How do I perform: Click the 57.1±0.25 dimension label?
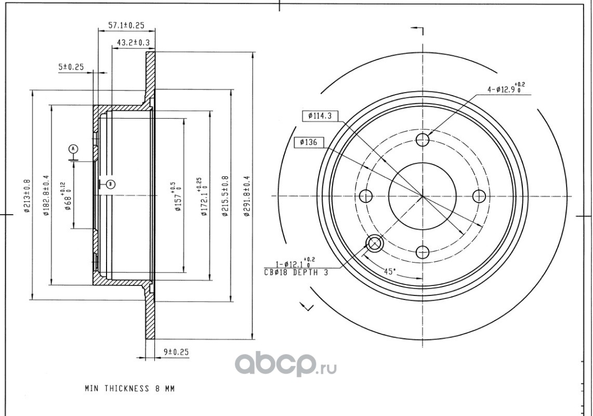pyautogui.click(x=127, y=25)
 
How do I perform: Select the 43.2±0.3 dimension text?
pyautogui.click(x=133, y=43)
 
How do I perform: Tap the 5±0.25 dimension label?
pyautogui.click(x=71, y=67)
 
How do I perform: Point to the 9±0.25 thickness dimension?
pyautogui.click(x=176, y=352)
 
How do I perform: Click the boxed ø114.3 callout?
pyautogui.click(x=320, y=116)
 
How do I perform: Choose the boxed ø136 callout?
pyautogui.click(x=308, y=142)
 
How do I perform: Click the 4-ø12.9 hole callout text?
pyautogui.click(x=506, y=89)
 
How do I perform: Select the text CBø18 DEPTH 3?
pyautogui.click(x=296, y=272)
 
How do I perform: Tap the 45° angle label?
pyautogui.click(x=390, y=271)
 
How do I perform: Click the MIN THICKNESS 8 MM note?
pyautogui.click(x=130, y=388)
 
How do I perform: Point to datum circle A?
pyautogui.click(x=73, y=149)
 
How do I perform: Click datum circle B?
pyautogui.click(x=110, y=185)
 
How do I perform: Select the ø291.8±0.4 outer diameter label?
pyautogui.click(x=247, y=196)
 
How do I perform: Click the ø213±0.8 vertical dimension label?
pyautogui.click(x=27, y=196)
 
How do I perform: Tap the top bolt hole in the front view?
pyautogui.click(x=423, y=140)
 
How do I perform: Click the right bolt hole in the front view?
pyautogui.click(x=479, y=196)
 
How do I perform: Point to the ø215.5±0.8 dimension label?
pyautogui.click(x=226, y=196)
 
